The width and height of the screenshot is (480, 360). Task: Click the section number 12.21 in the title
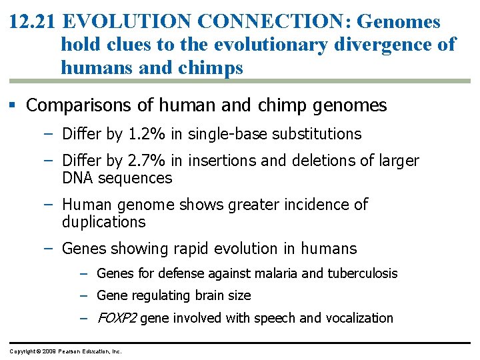[33, 22]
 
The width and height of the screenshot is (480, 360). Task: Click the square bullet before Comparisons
[14, 105]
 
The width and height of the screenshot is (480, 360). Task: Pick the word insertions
[225, 161]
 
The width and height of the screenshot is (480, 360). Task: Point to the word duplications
[103, 222]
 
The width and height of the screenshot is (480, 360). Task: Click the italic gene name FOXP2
[117, 318]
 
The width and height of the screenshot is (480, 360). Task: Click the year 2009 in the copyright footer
[48, 351]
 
